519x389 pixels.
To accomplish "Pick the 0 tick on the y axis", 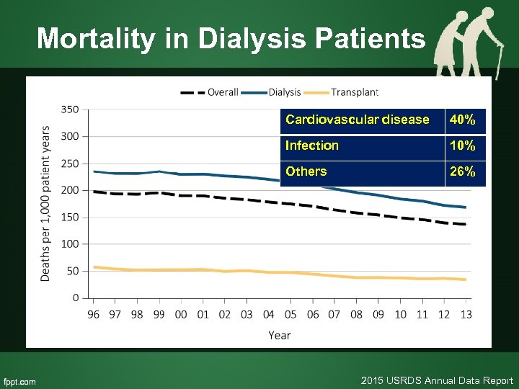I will click(76, 298).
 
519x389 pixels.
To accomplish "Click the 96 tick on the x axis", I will click(94, 314).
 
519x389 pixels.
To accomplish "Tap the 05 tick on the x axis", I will click(290, 314).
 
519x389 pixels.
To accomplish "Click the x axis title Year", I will click(280, 335).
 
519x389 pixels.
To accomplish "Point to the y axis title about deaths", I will click(45, 204).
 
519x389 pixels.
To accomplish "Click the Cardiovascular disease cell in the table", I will click(357, 120).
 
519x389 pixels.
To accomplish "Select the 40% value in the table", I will click(462, 120).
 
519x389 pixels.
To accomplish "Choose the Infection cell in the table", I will click(312, 146).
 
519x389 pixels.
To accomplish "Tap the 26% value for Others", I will click(462, 171).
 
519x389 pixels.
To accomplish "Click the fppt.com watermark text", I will click(20, 381).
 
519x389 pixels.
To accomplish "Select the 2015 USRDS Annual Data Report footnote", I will click(437, 380).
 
